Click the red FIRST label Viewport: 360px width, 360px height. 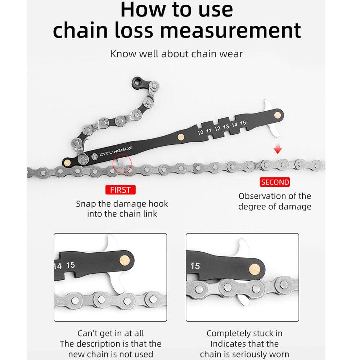coord(121,190)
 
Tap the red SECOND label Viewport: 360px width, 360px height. coord(275,182)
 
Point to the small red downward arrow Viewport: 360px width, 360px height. coord(278,150)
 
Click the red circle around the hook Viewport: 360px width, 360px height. coord(122,164)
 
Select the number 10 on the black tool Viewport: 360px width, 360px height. coord(201,132)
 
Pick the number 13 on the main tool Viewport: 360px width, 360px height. coord(226,127)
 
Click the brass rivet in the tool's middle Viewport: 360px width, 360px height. coord(181,136)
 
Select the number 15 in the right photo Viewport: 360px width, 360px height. coord(195,266)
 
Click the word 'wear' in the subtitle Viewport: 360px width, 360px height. coord(231,54)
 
